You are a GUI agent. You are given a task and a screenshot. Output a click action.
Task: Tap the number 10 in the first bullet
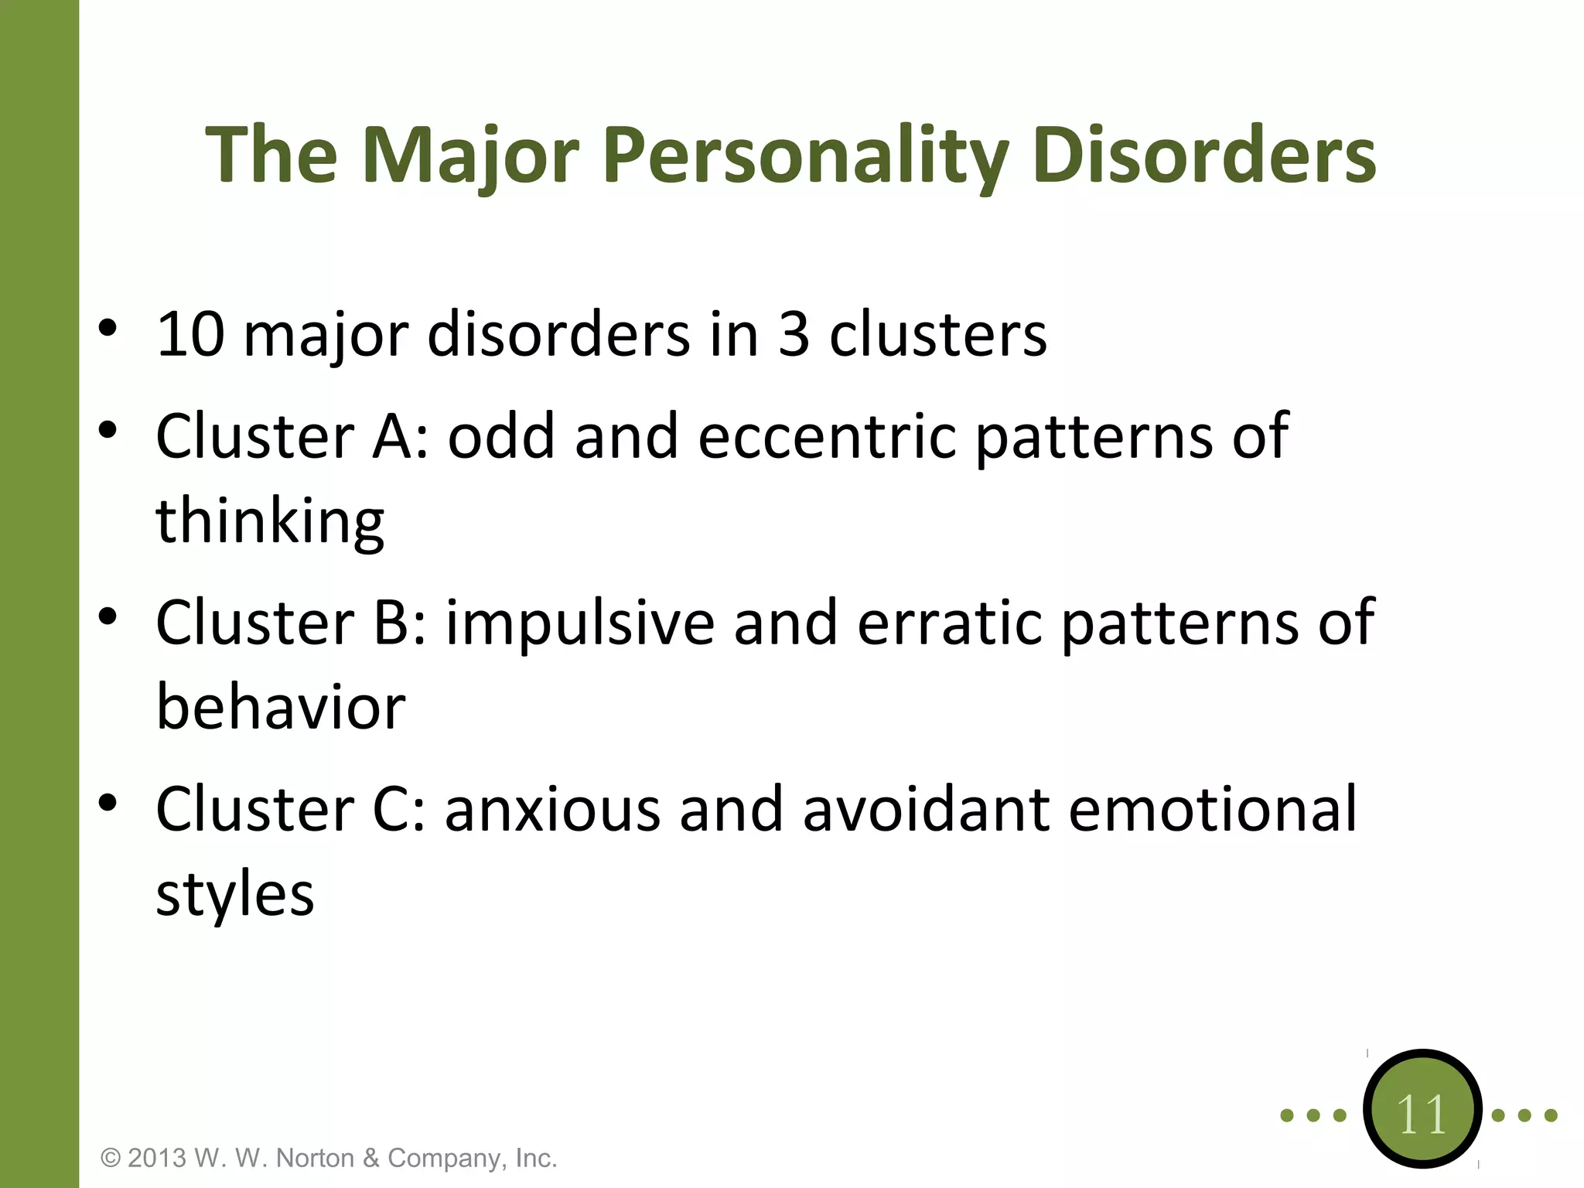tap(190, 335)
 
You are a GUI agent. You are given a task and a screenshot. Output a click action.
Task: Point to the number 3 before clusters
tap(794, 335)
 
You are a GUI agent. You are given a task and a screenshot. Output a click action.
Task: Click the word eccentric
tap(827, 436)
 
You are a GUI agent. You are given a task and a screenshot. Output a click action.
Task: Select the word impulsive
tap(580, 623)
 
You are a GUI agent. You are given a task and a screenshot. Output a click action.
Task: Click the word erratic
tap(949, 623)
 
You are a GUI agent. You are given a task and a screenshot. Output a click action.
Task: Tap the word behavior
tap(281, 708)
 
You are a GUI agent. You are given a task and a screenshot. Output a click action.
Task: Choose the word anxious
tap(552, 810)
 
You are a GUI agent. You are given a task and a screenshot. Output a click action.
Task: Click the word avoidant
tap(926, 810)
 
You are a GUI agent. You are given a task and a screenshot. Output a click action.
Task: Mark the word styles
tap(235, 895)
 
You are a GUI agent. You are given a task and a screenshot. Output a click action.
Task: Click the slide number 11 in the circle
tap(1422, 1115)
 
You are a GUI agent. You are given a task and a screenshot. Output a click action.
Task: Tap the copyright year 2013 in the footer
tap(157, 1158)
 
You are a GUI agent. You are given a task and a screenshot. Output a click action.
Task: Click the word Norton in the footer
tap(316, 1158)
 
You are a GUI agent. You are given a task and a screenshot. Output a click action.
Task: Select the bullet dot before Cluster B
tap(108, 616)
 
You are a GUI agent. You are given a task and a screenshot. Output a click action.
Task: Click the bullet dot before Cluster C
tap(108, 803)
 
